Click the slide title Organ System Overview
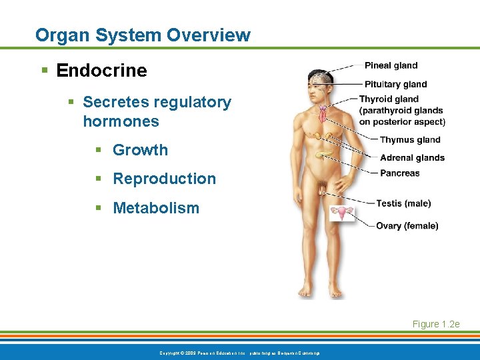coord(143,35)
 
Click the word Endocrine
coord(102,70)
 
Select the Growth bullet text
coord(140,150)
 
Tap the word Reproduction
coord(164,179)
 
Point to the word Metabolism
coord(156,208)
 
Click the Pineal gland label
coord(391,65)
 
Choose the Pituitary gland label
coord(395,84)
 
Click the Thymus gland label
coord(410,140)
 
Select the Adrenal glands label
coord(412,157)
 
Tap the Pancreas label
coord(399,173)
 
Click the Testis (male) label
coord(403,203)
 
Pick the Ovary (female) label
coord(407,226)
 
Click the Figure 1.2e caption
coord(436,324)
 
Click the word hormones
coord(121,121)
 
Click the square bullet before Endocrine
coord(44,71)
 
